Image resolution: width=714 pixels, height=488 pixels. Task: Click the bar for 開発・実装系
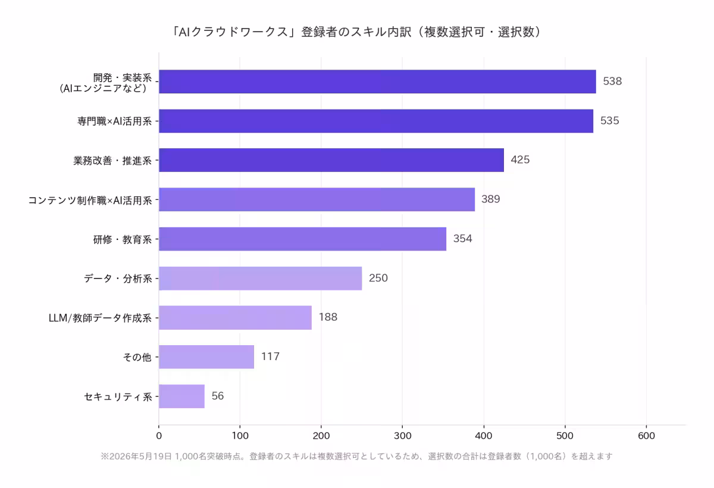tap(377, 82)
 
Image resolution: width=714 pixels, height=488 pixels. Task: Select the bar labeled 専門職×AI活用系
tap(376, 121)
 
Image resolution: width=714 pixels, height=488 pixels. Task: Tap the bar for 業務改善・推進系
tap(331, 160)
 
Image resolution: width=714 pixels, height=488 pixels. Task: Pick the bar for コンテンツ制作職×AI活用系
tap(317, 199)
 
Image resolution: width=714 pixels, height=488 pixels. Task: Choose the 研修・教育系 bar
tap(302, 239)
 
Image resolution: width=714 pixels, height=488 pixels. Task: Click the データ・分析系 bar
tap(261, 279)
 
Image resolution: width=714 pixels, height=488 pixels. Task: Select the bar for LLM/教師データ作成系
tap(235, 318)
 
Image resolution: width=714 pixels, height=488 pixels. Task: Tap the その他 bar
tap(206, 357)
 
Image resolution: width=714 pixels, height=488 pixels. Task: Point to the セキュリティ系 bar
tap(181, 396)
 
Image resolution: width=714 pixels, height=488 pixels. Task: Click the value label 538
tap(612, 82)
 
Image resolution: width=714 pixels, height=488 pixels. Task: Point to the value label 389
tap(490, 199)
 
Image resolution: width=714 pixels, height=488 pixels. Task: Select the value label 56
tap(218, 396)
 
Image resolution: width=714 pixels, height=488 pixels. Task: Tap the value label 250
tap(378, 278)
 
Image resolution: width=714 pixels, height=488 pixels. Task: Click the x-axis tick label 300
tap(403, 436)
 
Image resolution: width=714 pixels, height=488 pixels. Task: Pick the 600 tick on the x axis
tap(646, 436)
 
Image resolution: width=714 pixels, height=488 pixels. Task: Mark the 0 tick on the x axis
tap(159, 436)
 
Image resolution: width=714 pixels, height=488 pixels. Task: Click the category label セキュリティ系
tap(118, 397)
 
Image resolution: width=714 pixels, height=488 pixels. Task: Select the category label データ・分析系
tap(118, 279)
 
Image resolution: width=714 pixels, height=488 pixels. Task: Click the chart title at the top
tap(356, 32)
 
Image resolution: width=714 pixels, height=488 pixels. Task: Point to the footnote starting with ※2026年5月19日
tap(356, 456)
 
